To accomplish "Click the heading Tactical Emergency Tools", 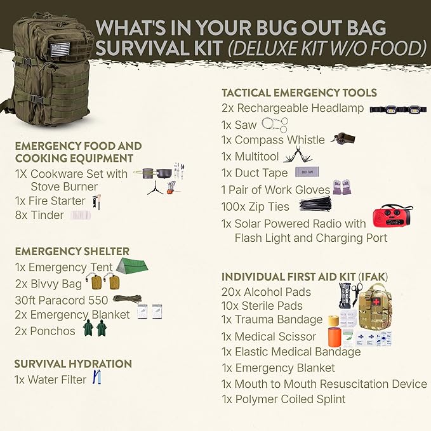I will point(299,93).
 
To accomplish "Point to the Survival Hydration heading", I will point(74,364).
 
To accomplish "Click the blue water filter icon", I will point(97,378).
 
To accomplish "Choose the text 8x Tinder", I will point(39,215).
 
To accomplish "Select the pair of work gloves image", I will point(341,187).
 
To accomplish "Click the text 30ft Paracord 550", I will point(62,299).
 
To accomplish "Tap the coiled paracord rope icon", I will point(127,298).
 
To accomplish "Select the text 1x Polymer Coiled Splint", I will point(284,399).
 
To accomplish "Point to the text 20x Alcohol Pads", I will point(266,292).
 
